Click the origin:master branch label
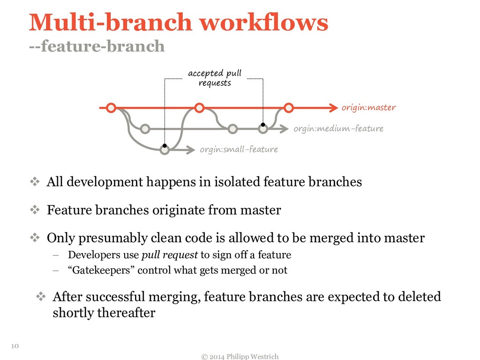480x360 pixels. [368, 108]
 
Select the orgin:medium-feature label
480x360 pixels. [338, 128]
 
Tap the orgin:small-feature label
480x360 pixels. [239, 150]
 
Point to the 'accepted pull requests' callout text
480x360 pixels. [215, 78]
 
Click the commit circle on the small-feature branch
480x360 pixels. [164, 150]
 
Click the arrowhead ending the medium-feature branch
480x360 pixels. [284, 128]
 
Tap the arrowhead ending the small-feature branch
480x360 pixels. [189, 150]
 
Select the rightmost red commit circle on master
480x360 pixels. [288, 108]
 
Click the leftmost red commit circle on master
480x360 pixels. [111, 108]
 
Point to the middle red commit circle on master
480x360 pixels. [199, 108]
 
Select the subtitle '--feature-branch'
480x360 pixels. [97, 46]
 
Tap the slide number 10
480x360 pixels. [14, 346]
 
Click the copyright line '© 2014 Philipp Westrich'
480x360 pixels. [240, 356]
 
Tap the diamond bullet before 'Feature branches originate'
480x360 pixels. [36, 210]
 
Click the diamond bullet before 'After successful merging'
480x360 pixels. [41, 296]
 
